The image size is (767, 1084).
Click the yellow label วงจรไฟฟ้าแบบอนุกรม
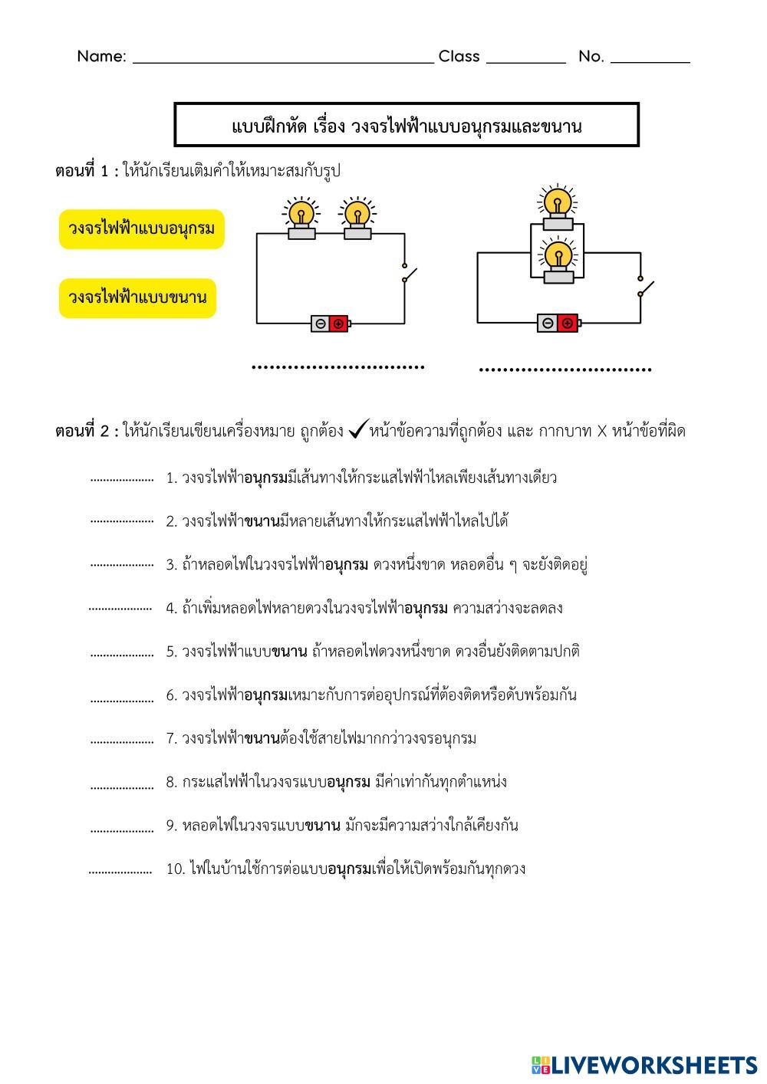[141, 229]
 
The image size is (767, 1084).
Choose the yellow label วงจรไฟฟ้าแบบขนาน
[137, 298]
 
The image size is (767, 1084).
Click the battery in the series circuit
[331, 324]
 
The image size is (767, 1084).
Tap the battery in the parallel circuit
[558, 323]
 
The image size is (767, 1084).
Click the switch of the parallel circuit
[645, 287]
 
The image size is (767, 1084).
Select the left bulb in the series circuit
[301, 218]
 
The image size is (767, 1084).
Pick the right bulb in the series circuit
[357, 218]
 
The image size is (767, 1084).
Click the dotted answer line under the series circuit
[337, 367]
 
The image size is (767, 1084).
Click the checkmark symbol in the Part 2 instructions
[357, 431]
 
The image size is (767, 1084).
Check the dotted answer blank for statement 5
[121, 654]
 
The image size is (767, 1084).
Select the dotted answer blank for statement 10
[120, 872]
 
